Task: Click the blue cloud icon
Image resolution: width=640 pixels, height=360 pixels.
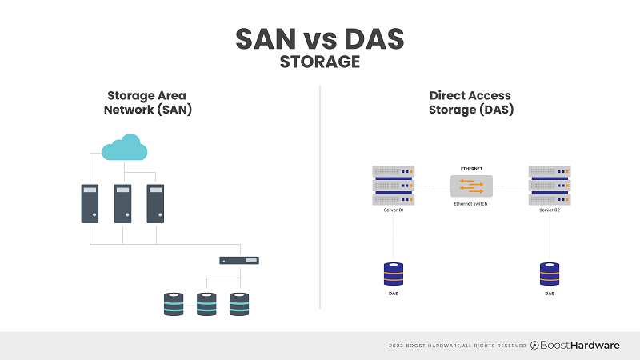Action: coord(122,148)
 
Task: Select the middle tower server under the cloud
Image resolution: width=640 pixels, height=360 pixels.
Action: coord(122,203)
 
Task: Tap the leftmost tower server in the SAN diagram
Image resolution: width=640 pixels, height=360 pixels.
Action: coord(90,203)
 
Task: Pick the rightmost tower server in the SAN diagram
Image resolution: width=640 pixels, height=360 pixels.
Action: coord(155,203)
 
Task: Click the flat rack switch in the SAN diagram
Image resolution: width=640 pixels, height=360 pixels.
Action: coord(240,260)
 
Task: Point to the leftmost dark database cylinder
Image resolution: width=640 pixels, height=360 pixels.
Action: coord(173,304)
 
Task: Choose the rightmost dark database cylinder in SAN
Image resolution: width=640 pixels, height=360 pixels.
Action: coord(239,304)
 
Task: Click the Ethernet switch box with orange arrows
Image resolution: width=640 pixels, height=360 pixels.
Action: coord(471,186)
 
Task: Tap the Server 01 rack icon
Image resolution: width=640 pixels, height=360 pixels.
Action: coord(393,185)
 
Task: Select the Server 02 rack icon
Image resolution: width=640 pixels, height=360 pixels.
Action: coord(550,185)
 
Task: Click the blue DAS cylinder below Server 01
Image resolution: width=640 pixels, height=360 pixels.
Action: coord(393,274)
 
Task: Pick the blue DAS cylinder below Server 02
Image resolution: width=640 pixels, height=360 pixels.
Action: coord(550,274)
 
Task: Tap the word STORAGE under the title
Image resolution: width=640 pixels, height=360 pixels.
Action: coord(320,62)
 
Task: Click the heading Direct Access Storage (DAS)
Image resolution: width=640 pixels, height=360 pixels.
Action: coord(470,102)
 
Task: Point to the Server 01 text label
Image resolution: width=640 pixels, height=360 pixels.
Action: coord(393,210)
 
